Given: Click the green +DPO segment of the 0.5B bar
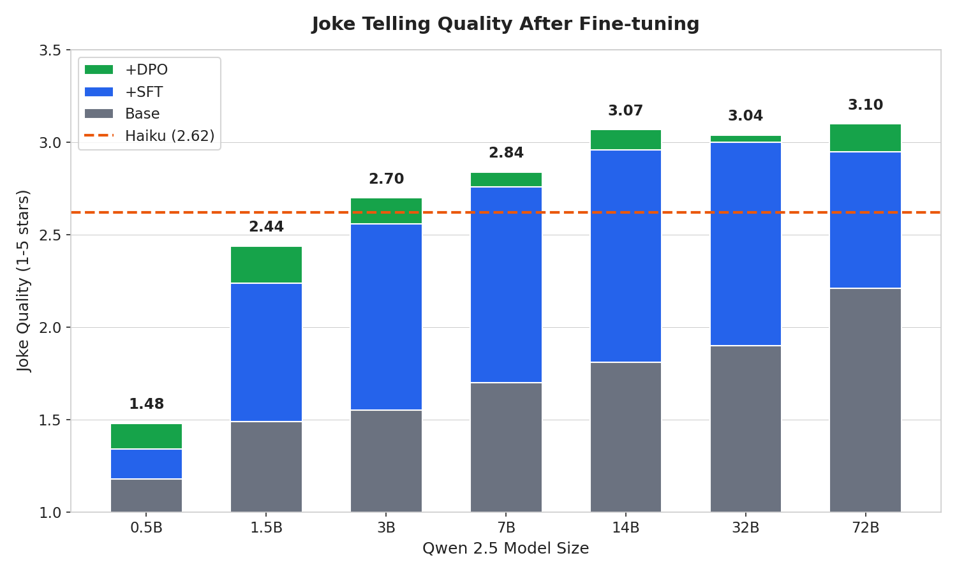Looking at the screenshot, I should [146, 436].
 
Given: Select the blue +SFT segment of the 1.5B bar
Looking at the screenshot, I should [266, 352].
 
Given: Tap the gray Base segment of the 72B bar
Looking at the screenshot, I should [865, 400].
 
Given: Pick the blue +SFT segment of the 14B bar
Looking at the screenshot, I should [625, 256].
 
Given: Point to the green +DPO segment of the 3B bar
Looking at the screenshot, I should [386, 210].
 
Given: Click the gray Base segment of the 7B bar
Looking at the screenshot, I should [506, 447].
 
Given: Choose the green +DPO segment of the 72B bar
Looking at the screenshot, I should [865, 138].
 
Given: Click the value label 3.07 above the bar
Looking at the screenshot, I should [625, 111].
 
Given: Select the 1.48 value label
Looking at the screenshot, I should [146, 404].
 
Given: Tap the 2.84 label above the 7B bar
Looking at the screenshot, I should [506, 153].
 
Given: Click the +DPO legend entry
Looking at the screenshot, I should [146, 70].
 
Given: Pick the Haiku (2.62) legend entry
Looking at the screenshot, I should [169, 136].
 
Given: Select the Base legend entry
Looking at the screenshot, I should [142, 114].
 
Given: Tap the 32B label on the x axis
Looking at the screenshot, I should [745, 529].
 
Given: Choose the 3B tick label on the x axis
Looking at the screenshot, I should [386, 529].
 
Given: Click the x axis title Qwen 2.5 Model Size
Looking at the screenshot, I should [505, 548].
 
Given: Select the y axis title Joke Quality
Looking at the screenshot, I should [24, 281].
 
